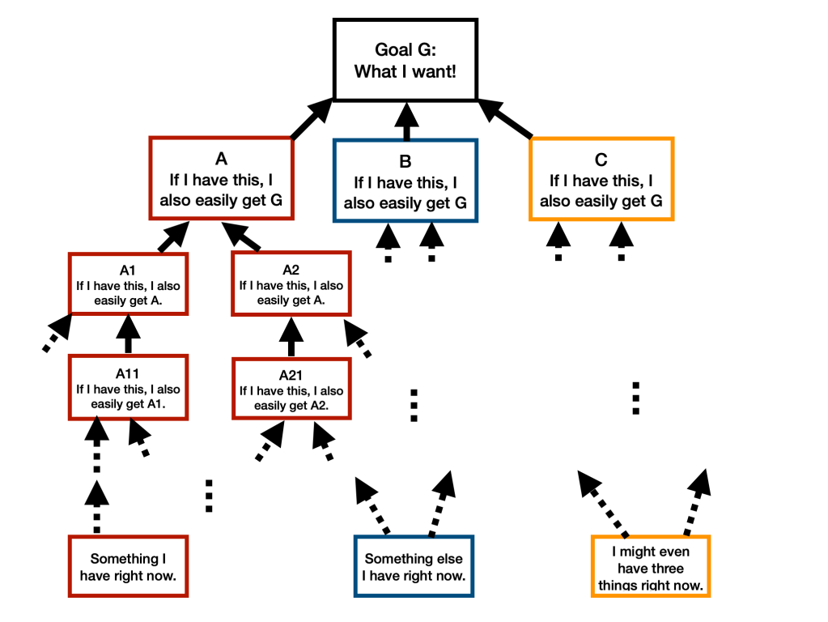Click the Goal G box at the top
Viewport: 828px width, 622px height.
point(406,60)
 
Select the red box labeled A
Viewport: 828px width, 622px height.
point(220,177)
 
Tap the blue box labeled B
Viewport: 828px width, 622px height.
point(406,180)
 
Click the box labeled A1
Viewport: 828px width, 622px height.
point(129,283)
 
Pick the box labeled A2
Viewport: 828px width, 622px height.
point(291,283)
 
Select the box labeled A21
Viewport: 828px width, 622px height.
point(291,388)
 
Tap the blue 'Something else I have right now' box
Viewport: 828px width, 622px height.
point(413,566)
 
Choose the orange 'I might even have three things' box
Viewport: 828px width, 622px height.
point(651,566)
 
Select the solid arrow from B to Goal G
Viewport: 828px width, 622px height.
point(406,121)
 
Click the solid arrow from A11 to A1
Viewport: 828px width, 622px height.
point(129,334)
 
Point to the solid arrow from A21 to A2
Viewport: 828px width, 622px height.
point(291,336)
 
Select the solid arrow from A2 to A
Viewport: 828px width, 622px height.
point(243,237)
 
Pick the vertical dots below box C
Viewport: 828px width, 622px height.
point(636,398)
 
